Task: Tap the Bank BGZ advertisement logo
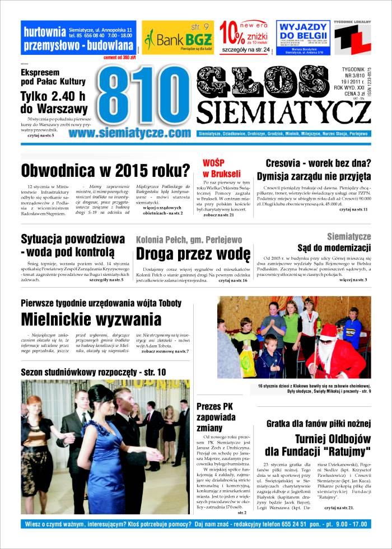tap(177, 39)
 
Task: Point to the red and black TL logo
tap(352, 39)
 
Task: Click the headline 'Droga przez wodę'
tap(192, 254)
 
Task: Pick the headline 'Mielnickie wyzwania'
tap(91, 319)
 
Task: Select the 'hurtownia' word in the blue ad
tap(41, 32)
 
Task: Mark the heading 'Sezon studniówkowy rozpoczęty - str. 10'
tap(94, 372)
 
